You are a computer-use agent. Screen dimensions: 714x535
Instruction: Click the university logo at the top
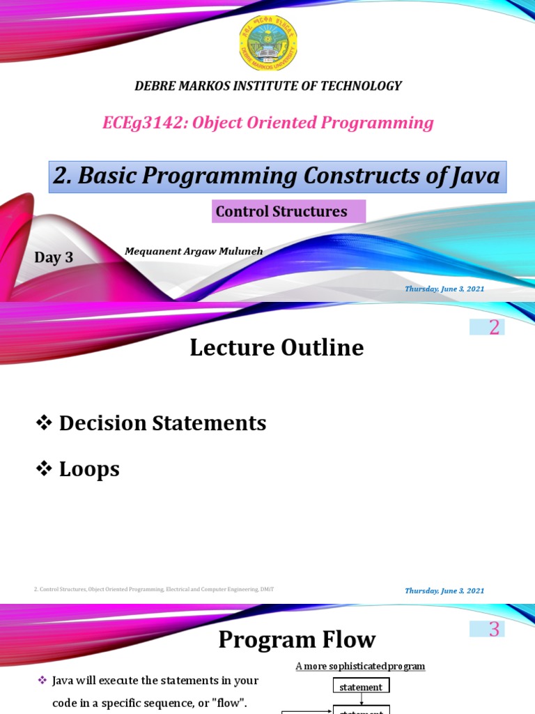tap(267, 43)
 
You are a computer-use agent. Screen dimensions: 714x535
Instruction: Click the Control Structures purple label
tap(281, 211)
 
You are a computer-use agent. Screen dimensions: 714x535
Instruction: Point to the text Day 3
tap(54, 257)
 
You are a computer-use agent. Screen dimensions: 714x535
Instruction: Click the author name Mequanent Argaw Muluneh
tap(194, 251)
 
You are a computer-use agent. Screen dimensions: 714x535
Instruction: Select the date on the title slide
tap(444, 289)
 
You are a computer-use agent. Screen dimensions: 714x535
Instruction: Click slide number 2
tap(494, 327)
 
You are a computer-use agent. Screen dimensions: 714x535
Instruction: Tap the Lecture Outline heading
tap(277, 347)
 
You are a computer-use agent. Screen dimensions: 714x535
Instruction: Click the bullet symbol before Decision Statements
tap(45, 423)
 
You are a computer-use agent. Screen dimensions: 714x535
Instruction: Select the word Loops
tap(89, 469)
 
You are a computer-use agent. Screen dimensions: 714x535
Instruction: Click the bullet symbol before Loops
tap(45, 469)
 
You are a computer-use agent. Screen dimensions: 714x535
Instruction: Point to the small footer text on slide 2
tap(154, 590)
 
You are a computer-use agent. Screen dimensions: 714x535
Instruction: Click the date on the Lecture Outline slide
tap(444, 591)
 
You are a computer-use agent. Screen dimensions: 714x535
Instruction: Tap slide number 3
tap(494, 630)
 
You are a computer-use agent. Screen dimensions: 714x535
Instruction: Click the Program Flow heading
tap(297, 639)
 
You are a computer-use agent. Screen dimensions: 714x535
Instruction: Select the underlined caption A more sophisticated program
tap(360, 666)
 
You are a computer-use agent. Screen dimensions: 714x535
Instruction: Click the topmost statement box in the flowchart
tap(361, 687)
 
